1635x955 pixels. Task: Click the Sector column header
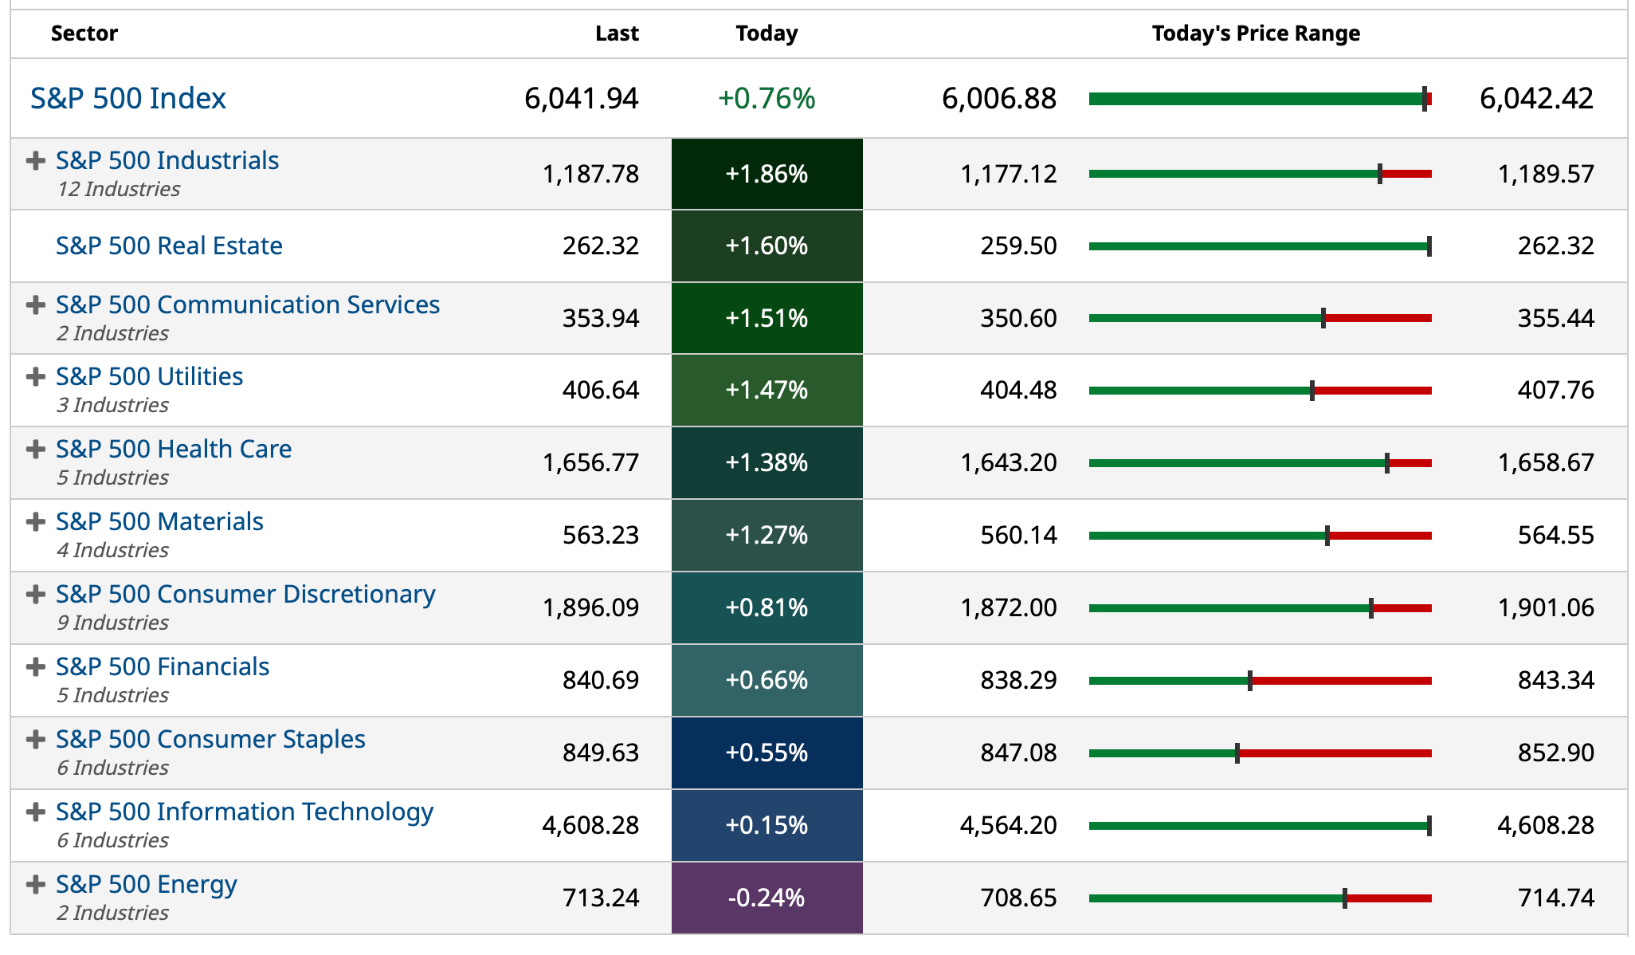pyautogui.click(x=84, y=33)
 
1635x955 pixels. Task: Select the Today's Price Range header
pyautogui.click(x=1255, y=33)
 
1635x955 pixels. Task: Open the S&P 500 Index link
pyautogui.click(x=128, y=98)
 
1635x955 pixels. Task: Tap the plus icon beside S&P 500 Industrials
pyautogui.click(x=35, y=161)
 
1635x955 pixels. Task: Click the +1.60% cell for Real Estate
pyautogui.click(x=767, y=246)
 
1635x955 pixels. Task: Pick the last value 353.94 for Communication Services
pyautogui.click(x=600, y=318)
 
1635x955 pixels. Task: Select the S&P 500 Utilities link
pyautogui.click(x=149, y=376)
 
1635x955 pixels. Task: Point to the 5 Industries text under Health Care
pyautogui.click(x=112, y=477)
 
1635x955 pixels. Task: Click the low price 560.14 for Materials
pyautogui.click(x=1018, y=535)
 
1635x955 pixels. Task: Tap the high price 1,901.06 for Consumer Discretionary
pyautogui.click(x=1545, y=607)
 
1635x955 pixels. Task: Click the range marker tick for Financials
pyautogui.click(x=1250, y=681)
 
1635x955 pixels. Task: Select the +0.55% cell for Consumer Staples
pyautogui.click(x=767, y=753)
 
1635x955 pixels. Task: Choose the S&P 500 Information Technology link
pyautogui.click(x=244, y=812)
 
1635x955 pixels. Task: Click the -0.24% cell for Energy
pyautogui.click(x=767, y=898)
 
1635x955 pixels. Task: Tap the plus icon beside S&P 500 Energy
pyautogui.click(x=35, y=885)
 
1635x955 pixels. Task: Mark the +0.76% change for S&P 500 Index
pyautogui.click(x=767, y=98)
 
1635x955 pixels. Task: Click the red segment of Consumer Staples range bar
pyautogui.click(x=1335, y=753)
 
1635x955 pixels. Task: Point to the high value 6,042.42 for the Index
pyautogui.click(x=1535, y=98)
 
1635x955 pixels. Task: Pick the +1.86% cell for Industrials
pyautogui.click(x=767, y=174)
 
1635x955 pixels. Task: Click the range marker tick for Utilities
pyautogui.click(x=1312, y=391)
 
